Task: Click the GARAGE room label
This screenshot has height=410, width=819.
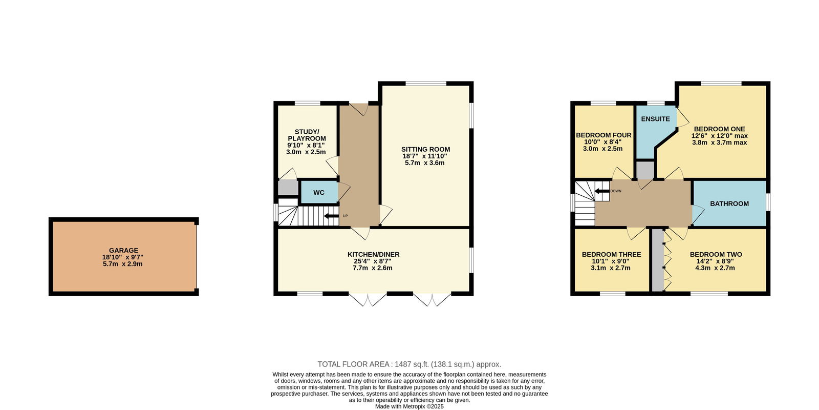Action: (123, 251)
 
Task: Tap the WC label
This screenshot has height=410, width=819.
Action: (319, 193)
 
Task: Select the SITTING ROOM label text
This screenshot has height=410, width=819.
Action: (425, 149)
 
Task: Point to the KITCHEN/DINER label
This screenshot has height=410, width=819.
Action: (373, 254)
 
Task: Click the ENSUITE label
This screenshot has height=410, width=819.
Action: (656, 119)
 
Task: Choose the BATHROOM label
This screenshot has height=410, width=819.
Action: (729, 204)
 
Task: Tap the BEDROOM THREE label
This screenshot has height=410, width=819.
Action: (611, 254)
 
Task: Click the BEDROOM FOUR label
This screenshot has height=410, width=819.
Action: (604, 135)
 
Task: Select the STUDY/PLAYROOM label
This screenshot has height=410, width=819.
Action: (307, 135)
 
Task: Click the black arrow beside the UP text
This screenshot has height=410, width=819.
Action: (331, 216)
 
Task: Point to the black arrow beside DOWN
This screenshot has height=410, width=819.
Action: (602, 191)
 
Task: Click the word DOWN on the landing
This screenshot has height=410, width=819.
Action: (616, 191)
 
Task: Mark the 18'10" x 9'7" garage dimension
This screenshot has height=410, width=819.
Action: (123, 257)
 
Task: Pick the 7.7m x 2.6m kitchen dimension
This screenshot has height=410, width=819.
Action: (373, 268)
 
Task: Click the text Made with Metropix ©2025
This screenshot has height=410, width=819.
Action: (409, 406)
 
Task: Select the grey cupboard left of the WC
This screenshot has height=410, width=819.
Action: (288, 188)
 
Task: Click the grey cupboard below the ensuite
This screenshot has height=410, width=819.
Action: (645, 170)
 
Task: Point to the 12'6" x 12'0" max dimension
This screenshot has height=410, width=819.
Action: (719, 136)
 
